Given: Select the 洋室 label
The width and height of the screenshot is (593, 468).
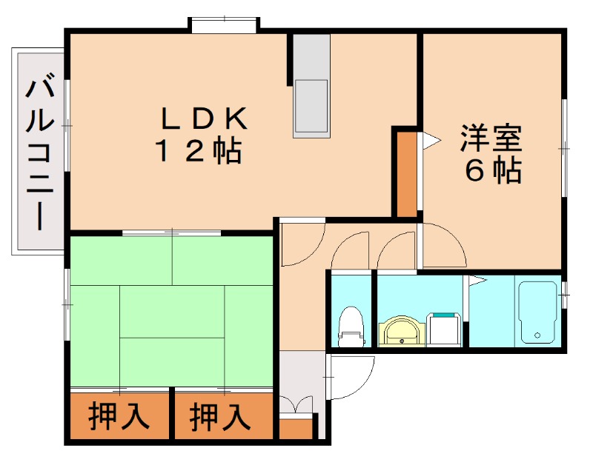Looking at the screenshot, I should point(491,138).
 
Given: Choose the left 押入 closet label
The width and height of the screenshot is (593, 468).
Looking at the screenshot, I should point(119,417).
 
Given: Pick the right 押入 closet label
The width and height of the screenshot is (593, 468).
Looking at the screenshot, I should point(220,417).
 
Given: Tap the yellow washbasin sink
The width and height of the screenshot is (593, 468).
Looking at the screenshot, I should point(402,331).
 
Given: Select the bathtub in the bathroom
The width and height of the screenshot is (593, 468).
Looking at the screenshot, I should point(537,312).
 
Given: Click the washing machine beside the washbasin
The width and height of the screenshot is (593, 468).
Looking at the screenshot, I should point(445,329).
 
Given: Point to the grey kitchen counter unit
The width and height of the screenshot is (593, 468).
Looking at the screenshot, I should point(310,86).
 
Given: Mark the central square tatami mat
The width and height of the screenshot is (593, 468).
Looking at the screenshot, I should point(172,312).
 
